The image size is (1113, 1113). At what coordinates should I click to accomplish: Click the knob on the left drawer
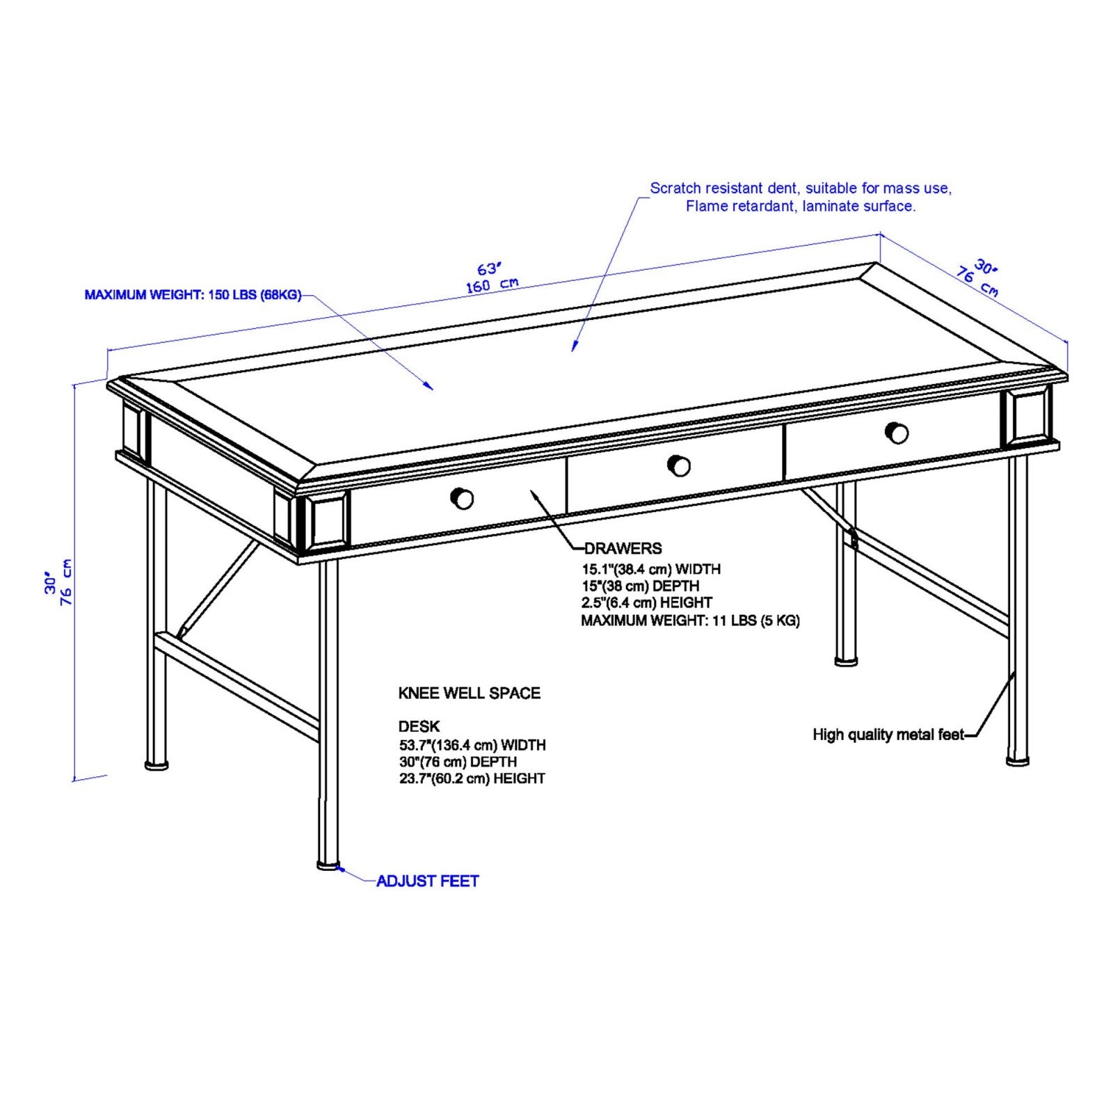(462, 498)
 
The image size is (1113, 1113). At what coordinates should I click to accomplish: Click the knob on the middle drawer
(678, 465)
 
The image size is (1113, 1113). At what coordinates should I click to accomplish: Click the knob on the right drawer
(897, 433)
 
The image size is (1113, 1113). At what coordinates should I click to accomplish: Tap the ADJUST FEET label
(427, 881)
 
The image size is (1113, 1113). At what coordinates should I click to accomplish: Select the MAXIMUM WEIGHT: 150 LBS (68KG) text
(193, 295)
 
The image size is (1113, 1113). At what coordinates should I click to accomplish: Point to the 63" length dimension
(489, 269)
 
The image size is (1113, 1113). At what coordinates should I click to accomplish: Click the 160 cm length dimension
(492, 285)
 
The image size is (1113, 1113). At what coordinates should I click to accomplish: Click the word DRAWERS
(623, 548)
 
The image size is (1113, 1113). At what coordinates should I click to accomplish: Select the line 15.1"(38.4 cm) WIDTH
(651, 569)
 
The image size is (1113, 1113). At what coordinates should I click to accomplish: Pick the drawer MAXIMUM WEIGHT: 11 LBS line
(690, 620)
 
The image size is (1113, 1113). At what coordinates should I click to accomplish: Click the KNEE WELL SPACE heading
(469, 693)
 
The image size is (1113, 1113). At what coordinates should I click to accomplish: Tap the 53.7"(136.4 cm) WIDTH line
(472, 745)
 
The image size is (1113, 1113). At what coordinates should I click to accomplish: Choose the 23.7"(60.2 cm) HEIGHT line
(472, 778)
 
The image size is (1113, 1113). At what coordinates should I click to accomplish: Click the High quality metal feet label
(888, 735)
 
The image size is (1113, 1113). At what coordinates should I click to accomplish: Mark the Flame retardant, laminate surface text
(800, 206)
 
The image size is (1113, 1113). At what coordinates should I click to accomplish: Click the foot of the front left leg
(328, 865)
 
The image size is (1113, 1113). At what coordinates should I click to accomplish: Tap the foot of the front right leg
(1018, 761)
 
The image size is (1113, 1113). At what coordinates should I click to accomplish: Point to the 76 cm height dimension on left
(67, 582)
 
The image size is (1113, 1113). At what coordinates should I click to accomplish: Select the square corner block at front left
(327, 521)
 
